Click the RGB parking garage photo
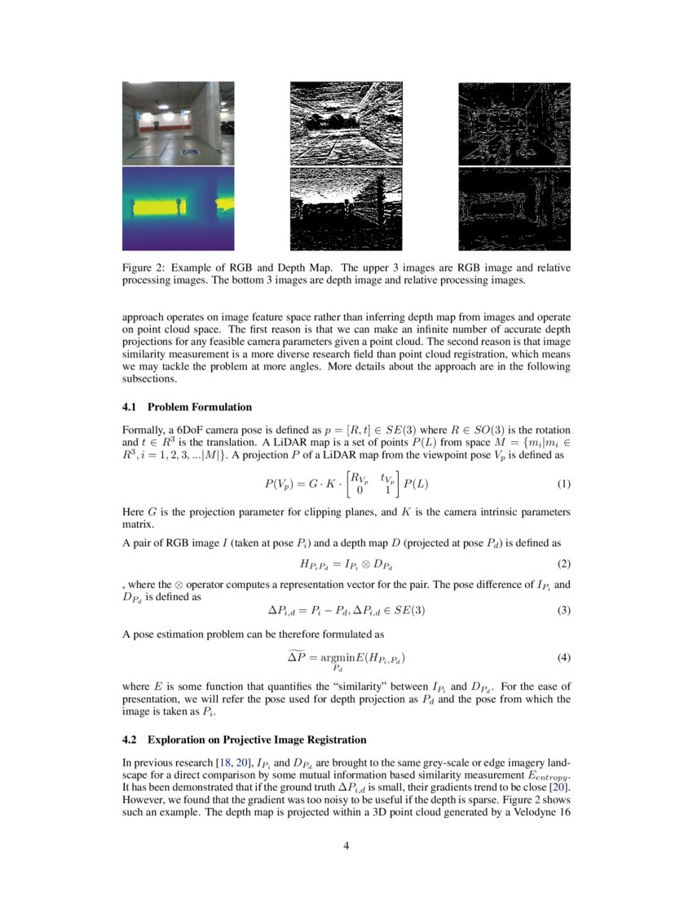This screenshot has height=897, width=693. point(178,123)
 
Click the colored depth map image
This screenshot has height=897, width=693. point(178,209)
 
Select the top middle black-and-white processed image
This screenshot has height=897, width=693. point(346,123)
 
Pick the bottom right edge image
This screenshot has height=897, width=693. point(514,209)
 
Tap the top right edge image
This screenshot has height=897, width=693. point(514,123)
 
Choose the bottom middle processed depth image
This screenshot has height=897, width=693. point(346,209)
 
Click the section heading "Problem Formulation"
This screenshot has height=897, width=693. point(200,407)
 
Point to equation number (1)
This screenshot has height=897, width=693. point(563,484)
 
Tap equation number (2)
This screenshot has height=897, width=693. point(563,563)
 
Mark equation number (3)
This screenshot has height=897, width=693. point(563,610)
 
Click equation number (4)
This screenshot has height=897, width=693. point(563,657)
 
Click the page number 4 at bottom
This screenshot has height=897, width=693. point(346,846)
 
